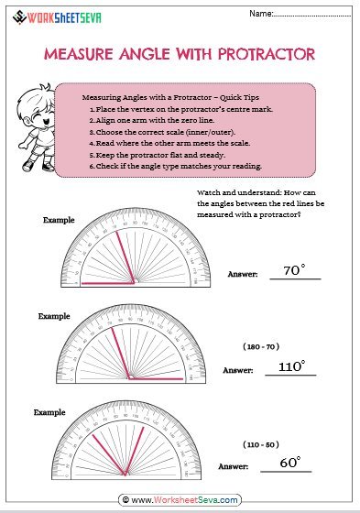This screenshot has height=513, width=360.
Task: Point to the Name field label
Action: click(261, 14)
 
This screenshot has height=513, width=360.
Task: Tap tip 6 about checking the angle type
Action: click(175, 166)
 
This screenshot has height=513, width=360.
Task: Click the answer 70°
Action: click(293, 270)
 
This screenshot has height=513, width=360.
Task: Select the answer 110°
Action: click(290, 366)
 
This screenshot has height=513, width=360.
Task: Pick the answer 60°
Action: click(289, 463)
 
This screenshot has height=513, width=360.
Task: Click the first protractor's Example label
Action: click(59, 220)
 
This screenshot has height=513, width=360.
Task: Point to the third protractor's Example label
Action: click(50, 412)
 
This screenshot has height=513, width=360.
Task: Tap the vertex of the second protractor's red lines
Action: click(129, 377)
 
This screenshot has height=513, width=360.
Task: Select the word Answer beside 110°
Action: click(237, 370)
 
